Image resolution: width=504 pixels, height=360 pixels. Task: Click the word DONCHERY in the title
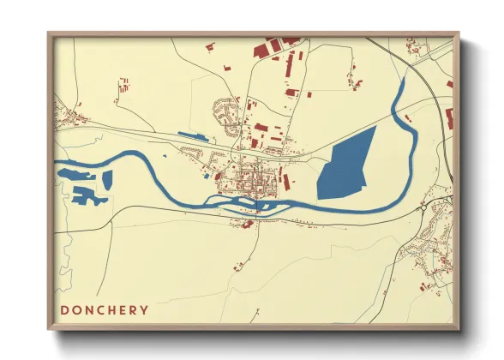104,309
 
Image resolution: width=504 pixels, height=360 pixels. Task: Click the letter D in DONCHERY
64,309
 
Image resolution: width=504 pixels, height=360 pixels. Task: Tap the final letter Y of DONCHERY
144,309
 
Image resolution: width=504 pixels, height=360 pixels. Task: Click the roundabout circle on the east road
423,207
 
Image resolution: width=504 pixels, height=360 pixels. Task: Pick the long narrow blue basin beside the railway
193,135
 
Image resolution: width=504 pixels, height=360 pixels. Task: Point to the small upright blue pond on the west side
108,179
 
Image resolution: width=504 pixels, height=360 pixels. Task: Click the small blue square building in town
207,176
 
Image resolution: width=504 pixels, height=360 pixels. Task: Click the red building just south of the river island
247,225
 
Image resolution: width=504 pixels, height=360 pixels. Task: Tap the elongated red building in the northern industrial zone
289,66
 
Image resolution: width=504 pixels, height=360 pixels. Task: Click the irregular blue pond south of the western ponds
88,196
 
